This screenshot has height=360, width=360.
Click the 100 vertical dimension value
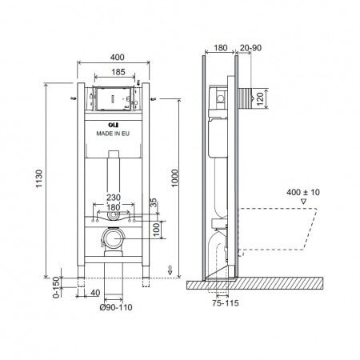click(155, 229)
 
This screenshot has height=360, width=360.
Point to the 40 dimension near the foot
click(95, 293)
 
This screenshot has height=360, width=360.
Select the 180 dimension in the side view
click(221, 47)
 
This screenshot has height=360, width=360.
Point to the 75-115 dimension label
click(228, 304)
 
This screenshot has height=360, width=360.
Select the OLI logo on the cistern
click(112, 124)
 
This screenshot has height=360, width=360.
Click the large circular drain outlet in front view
click(113, 238)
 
